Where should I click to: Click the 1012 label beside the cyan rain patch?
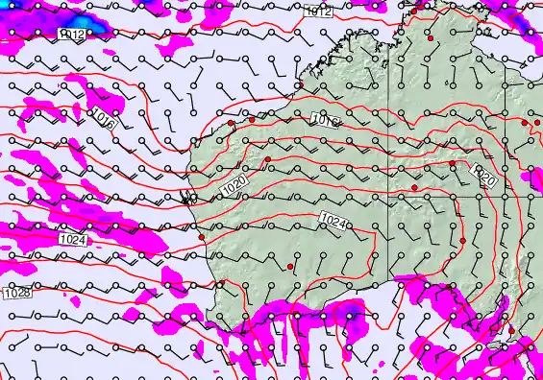[73, 35]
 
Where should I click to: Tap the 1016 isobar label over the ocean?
[105, 120]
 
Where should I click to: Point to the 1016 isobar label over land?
[325, 120]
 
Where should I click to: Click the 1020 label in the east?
[485, 178]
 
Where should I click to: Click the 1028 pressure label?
[16, 293]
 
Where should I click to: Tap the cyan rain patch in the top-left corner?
[81, 20]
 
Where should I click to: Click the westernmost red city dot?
[202, 237]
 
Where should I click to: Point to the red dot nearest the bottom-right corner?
[511, 331]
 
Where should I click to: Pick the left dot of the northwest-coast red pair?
[231, 123]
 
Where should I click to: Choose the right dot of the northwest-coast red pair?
[252, 120]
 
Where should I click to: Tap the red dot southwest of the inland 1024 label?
[290, 266]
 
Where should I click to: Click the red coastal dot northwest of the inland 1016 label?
[300, 85]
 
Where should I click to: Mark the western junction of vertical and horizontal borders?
[389, 197]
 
